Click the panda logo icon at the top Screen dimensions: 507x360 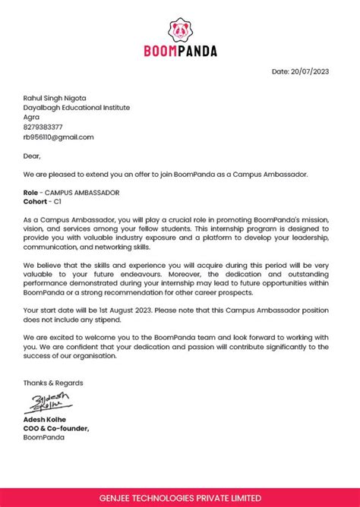click(180, 30)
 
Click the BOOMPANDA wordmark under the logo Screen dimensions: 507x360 click(180, 52)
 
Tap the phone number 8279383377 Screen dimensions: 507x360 click(43, 127)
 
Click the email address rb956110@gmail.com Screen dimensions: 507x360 click(58, 137)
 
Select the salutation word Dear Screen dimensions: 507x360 click(31, 156)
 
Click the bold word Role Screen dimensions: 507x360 click(31, 193)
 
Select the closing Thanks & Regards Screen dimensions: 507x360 click(53, 383)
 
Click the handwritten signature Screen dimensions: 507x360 click(51, 402)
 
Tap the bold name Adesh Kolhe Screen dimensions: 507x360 click(46, 419)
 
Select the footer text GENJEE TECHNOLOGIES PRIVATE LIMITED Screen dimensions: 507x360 click(180, 497)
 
